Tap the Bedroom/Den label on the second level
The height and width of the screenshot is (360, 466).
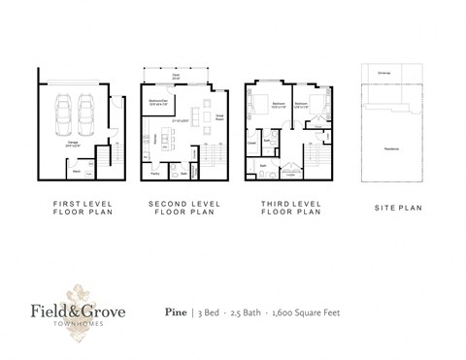[x=161, y=101]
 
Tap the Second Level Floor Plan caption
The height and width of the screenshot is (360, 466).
[x=182, y=211]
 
